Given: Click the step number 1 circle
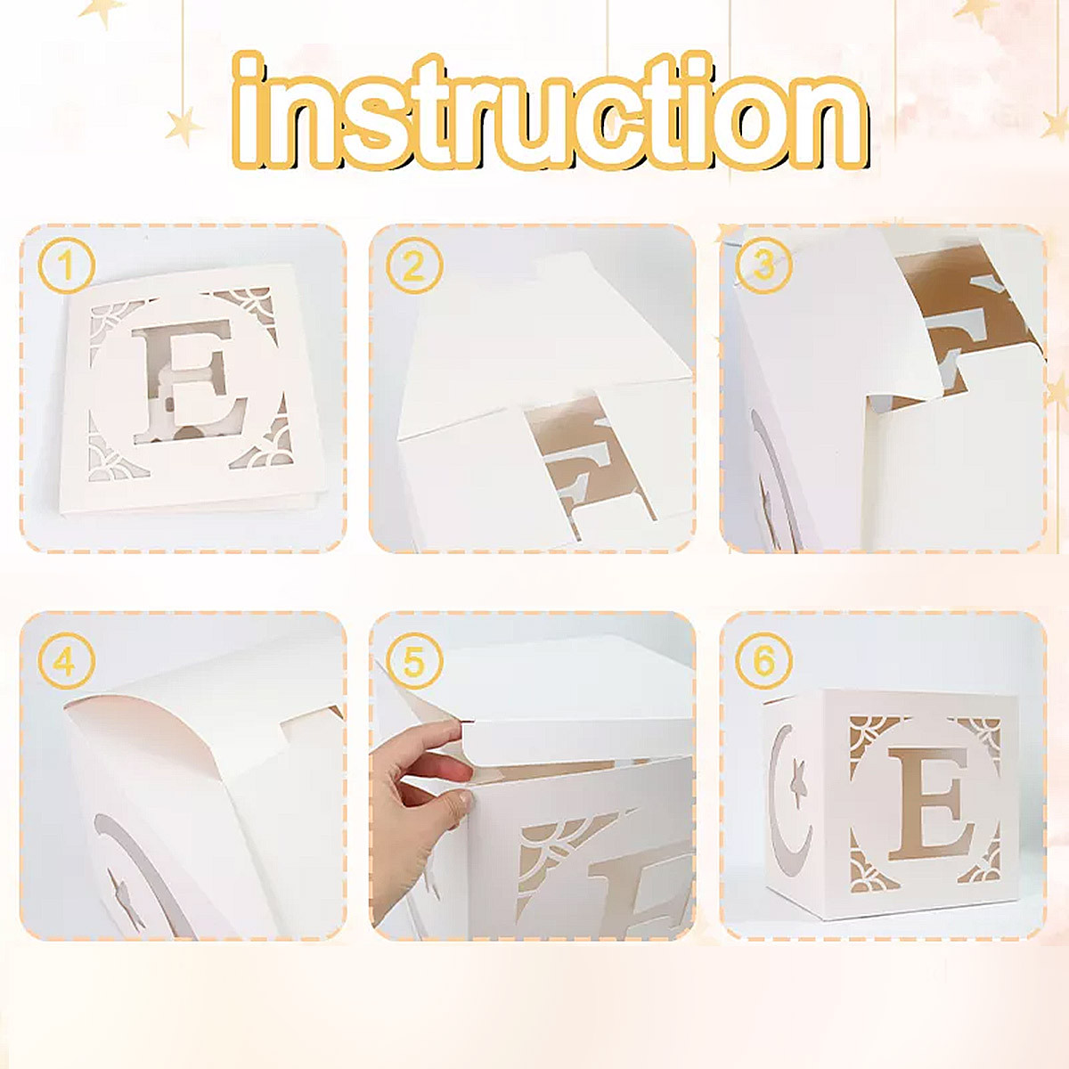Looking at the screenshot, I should [x=66, y=265].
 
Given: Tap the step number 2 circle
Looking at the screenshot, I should [x=414, y=265].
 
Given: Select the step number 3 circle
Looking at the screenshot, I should [x=763, y=265].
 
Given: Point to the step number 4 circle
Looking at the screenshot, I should [x=66, y=661].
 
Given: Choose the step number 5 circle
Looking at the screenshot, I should [x=414, y=661].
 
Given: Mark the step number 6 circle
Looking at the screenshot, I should [x=763, y=661].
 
